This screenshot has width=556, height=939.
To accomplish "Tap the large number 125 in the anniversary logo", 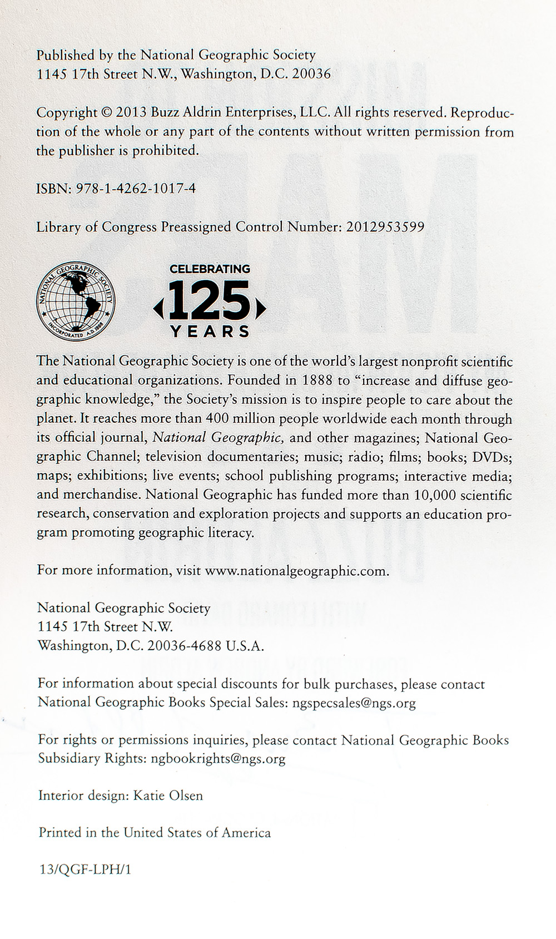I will (210, 301).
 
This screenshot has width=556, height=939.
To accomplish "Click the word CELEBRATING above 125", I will (210, 269).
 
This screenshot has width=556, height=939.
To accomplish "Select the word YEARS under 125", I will (210, 332).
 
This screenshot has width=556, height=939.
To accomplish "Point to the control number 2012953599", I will (385, 227).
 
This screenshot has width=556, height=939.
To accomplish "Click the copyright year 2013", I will (131, 113).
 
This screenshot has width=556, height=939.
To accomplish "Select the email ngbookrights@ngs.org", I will (218, 759).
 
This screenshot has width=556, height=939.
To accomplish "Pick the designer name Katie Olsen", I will (168, 795).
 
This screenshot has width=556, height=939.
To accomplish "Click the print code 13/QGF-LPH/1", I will (85, 869).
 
